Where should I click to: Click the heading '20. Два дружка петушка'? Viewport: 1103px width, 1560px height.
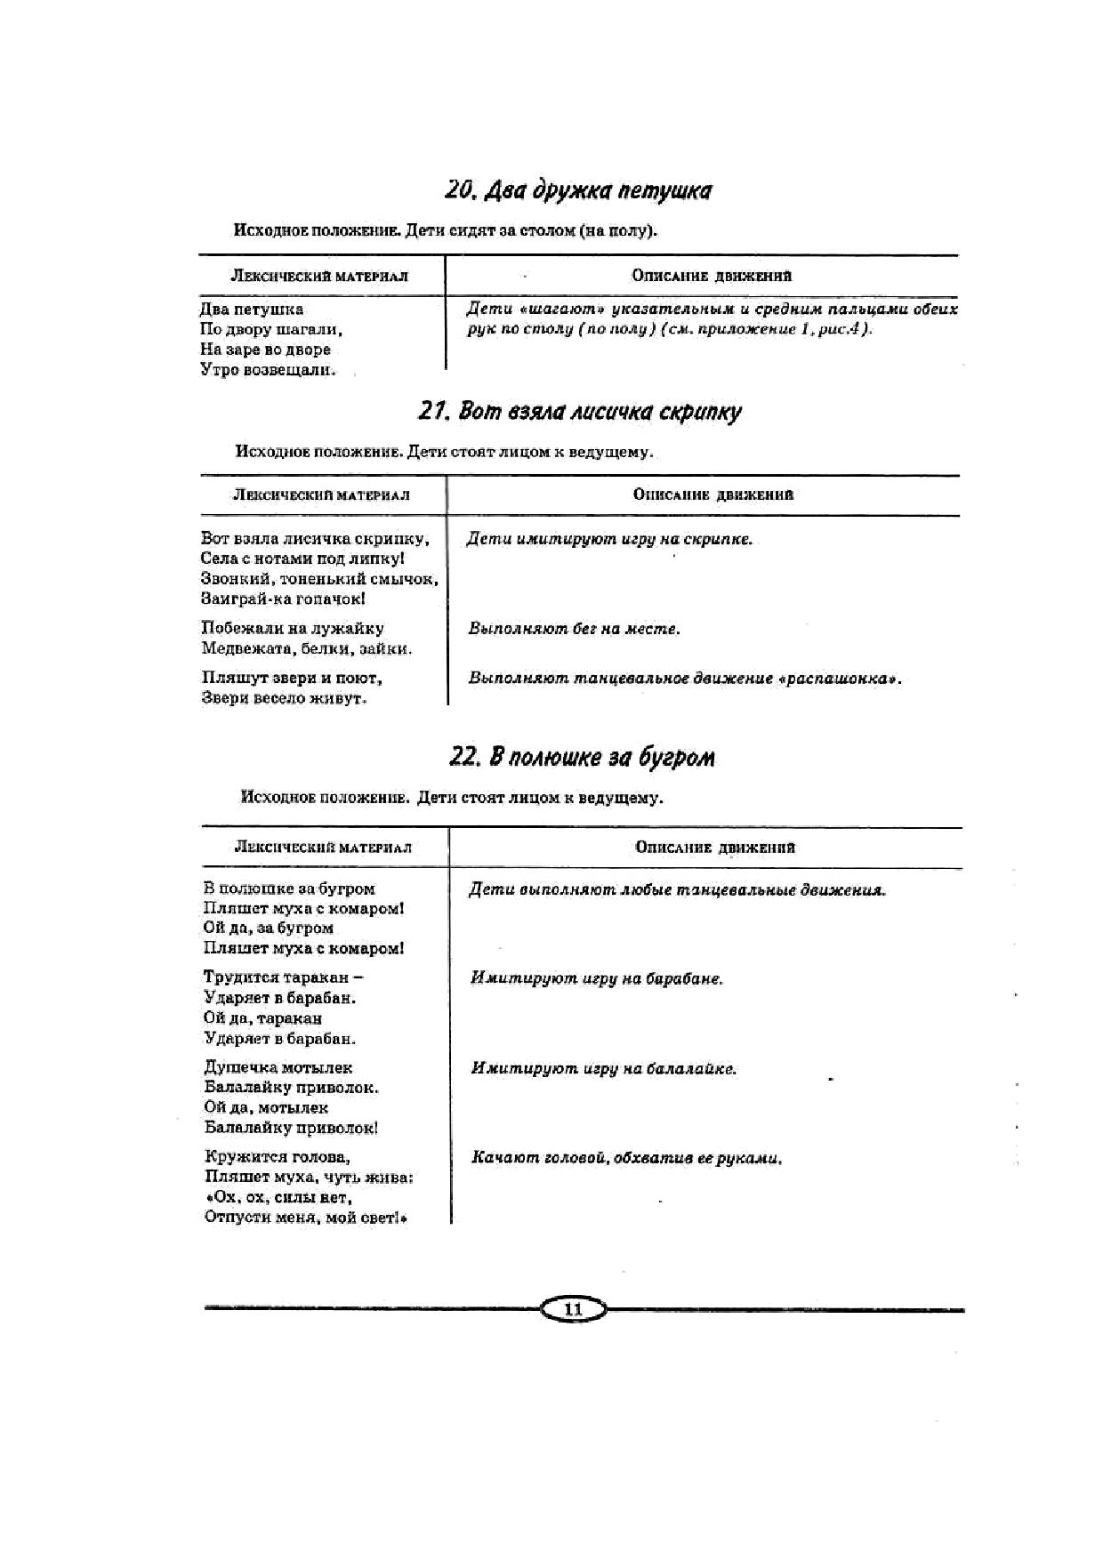[578, 190]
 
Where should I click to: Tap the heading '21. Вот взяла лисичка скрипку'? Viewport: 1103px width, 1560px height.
[579, 411]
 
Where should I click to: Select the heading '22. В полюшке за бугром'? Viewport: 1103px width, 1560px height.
[582, 757]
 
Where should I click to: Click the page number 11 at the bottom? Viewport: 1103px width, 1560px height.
[573, 1309]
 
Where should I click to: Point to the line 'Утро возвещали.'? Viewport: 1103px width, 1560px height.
[268, 370]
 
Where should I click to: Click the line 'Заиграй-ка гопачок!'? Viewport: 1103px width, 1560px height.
[283, 599]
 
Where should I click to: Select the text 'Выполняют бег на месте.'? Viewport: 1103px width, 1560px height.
[574, 629]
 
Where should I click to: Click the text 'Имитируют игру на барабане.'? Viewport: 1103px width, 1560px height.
[596, 978]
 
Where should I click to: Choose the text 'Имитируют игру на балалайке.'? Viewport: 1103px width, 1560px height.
[603, 1068]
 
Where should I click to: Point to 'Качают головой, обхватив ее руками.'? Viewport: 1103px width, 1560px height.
[626, 1158]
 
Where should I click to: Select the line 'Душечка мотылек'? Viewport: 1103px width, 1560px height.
[278, 1066]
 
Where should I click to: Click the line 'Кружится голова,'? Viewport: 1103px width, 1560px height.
[277, 1156]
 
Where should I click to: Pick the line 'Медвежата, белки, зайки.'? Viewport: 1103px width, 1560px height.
[307, 648]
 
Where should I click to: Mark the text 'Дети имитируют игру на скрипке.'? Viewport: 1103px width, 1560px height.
[609, 539]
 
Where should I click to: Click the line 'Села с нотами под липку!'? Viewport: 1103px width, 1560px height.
[302, 559]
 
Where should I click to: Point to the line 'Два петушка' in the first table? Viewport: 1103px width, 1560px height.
[252, 310]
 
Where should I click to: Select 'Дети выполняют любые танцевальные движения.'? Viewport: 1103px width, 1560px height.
[677, 889]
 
